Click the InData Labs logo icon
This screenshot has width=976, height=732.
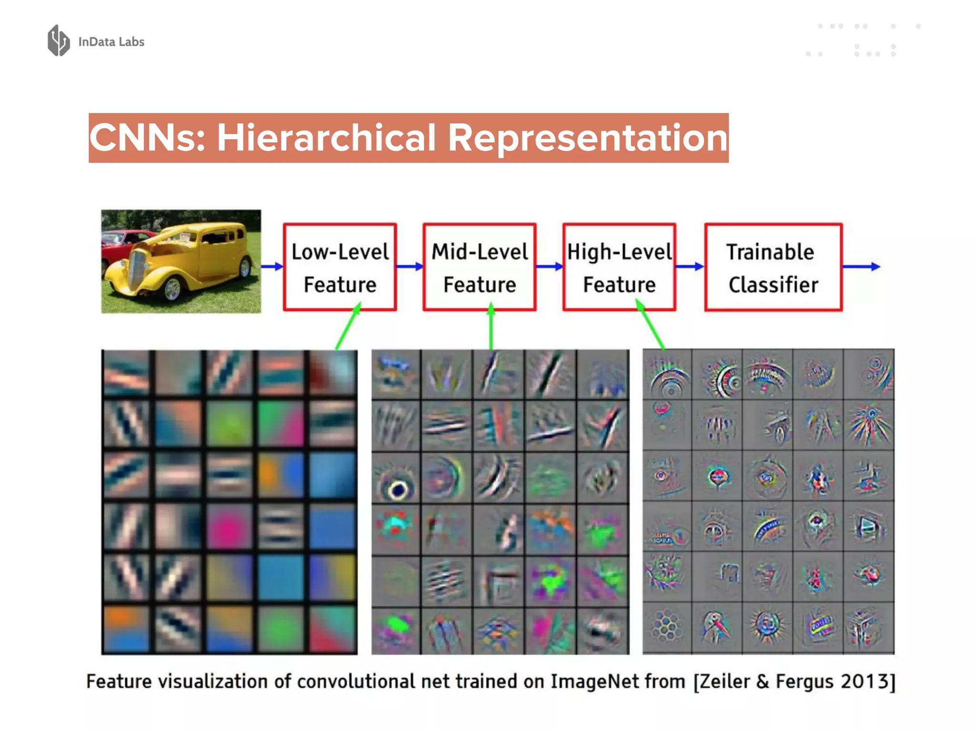pyautogui.click(x=59, y=41)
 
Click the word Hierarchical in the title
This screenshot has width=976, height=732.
pyautogui.click(x=326, y=138)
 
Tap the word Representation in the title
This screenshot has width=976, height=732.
pyautogui.click(x=588, y=138)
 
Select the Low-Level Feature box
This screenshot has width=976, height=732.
pyautogui.click(x=340, y=267)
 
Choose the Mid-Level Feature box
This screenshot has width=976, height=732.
pyautogui.click(x=479, y=267)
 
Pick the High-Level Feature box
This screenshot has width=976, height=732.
pyautogui.click(x=619, y=267)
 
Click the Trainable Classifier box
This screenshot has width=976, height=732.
pyautogui.click(x=773, y=267)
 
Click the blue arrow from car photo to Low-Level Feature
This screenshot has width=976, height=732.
pyautogui.click(x=272, y=266)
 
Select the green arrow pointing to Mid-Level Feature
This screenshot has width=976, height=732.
pyautogui.click(x=491, y=329)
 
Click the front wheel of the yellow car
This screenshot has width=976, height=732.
pyautogui.click(x=172, y=289)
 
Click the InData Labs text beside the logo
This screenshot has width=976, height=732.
pyautogui.click(x=111, y=42)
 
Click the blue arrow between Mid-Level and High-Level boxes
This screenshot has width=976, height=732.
pyautogui.click(x=549, y=266)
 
